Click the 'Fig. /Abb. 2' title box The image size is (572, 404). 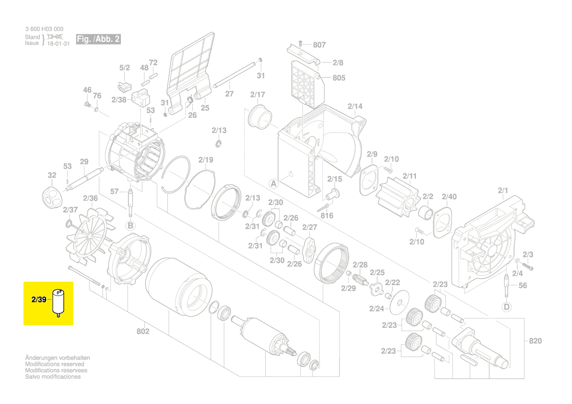pos(98,39)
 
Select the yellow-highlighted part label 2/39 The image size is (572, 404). pos(38,299)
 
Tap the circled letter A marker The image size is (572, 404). pos(274,184)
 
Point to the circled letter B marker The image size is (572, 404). pos(131,225)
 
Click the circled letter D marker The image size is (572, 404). pos(506,307)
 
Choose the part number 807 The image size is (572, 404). pos(319,45)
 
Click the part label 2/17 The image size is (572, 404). pos(257,94)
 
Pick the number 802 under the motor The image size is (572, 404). pos(143,332)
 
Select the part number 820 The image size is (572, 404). pos(535,340)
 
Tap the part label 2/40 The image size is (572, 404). pos(449,197)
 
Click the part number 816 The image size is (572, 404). pos(327,216)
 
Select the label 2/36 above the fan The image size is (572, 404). pos(91,198)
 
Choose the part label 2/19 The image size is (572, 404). pos(206,160)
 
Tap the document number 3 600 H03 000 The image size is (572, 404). pos(44,29)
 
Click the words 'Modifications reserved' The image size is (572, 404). pos(54,364)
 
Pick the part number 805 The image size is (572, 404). pos(339,78)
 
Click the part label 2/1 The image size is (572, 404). pos(503,190)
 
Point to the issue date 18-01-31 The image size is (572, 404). pos(58,43)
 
